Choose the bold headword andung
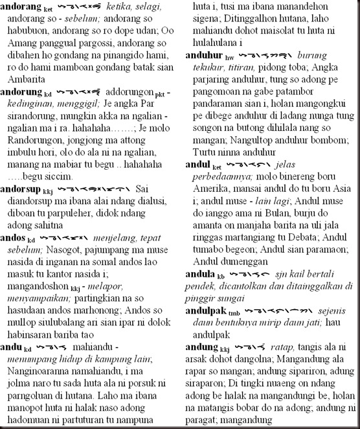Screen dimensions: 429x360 click(201, 347)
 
